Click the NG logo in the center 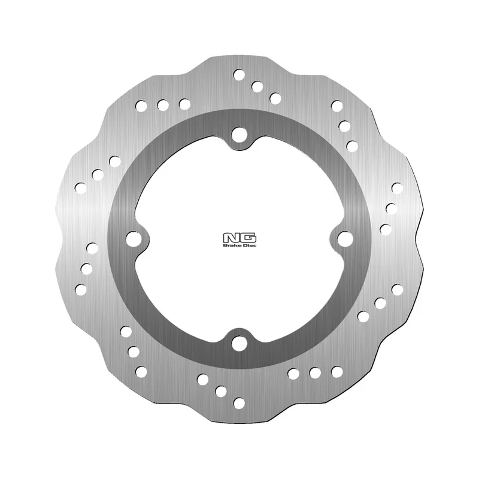click(x=240, y=241)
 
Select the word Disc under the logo click(x=249, y=245)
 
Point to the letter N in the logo click(x=231, y=238)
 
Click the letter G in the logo click(x=248, y=238)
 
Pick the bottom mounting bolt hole click(x=239, y=343)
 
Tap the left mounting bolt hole click(x=134, y=238)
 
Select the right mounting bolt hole click(x=345, y=238)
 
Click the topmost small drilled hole click(x=239, y=74)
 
